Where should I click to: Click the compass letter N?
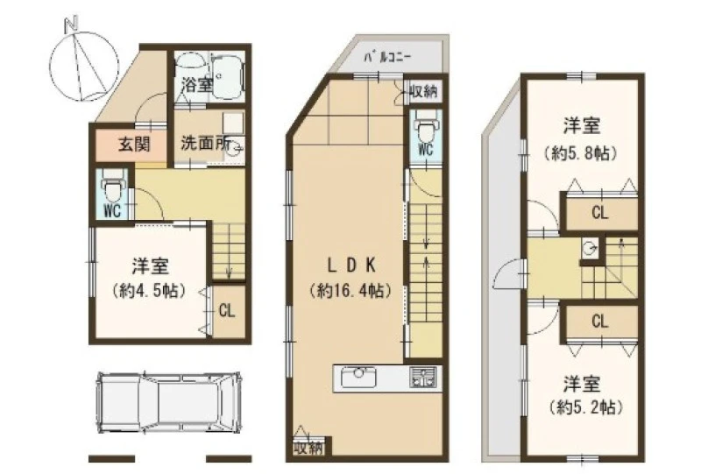tap(72, 24)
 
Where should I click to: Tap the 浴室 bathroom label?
tap(195, 84)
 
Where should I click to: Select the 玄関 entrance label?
tap(134, 144)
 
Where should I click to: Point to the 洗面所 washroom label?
tap(205, 143)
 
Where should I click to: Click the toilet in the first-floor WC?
tap(112, 186)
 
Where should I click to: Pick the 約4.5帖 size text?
tap(149, 291)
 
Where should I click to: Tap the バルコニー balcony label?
tap(386, 57)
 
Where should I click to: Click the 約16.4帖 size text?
tap(350, 291)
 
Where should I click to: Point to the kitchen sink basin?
tap(358, 378)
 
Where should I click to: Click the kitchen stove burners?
tap(422, 378)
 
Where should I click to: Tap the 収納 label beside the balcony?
tap(422, 92)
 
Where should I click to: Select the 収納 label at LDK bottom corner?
tap(308, 449)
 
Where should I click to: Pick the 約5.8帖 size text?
tap(581, 153)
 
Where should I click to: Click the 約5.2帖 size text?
tap(585, 407)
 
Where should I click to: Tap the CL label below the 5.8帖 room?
tap(600, 212)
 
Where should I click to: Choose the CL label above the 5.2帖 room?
tap(600, 321)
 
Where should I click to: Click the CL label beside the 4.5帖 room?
tap(227, 310)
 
